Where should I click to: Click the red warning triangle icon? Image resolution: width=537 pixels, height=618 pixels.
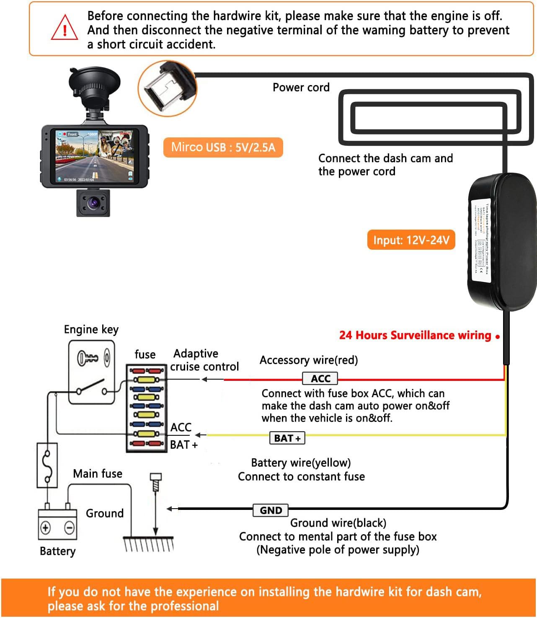click(65, 28)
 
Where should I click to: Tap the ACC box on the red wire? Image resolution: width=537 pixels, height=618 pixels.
click(320, 378)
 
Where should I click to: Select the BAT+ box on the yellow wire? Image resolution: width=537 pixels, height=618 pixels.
click(287, 438)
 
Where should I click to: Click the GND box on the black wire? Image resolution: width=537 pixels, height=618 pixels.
click(271, 510)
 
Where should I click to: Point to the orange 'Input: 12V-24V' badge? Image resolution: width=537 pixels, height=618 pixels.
click(411, 240)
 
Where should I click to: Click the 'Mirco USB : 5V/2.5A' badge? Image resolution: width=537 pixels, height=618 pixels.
click(223, 147)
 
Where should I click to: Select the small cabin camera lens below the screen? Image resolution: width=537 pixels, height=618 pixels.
click(93, 203)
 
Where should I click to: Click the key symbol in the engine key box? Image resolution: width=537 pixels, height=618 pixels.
click(88, 358)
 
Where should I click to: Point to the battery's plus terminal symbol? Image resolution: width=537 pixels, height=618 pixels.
click(45, 527)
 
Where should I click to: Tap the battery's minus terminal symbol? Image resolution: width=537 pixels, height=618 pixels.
click(70, 527)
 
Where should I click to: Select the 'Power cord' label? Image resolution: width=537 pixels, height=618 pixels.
click(301, 87)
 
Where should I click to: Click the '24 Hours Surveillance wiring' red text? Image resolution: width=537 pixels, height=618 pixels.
click(415, 335)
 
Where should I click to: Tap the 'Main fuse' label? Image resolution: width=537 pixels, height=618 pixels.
click(98, 473)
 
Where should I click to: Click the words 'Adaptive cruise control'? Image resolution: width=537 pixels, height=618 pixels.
click(204, 360)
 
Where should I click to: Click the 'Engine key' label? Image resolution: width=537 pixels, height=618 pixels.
click(91, 329)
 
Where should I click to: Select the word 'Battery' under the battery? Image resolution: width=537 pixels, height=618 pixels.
click(57, 551)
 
